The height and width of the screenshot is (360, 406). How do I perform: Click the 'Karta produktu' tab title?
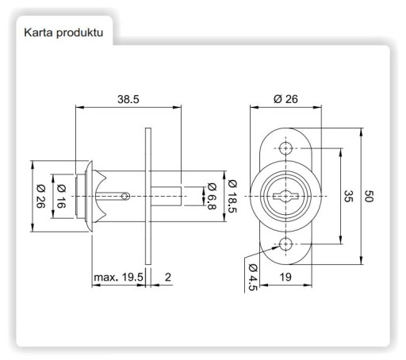[63, 33]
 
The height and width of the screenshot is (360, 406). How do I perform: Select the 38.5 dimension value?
[128, 99]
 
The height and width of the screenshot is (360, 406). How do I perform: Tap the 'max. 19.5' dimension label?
[118, 278]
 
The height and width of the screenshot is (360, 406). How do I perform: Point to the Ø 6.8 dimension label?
[212, 196]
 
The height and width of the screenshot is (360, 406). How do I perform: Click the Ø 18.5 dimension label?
[232, 196]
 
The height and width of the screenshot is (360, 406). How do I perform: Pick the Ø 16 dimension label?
[61, 196]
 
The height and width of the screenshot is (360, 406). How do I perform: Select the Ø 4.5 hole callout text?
[253, 277]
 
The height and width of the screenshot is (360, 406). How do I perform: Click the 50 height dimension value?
[369, 196]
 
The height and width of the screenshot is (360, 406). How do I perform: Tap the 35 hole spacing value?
[348, 196]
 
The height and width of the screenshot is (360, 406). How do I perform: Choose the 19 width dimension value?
[285, 277]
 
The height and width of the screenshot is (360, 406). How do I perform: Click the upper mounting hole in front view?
[285, 148]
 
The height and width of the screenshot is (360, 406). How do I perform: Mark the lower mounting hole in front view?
[285, 244]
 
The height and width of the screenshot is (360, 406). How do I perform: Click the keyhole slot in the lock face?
[285, 196]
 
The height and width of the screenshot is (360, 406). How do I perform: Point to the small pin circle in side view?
[125, 196]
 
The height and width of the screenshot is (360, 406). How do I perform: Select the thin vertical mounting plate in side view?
[148, 196]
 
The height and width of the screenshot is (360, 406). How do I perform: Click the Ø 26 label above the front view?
[285, 99]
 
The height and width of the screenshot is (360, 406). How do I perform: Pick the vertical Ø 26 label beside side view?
[40, 196]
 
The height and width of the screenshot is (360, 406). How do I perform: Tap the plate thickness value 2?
[168, 277]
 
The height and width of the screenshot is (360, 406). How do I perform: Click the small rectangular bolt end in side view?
[166, 196]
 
